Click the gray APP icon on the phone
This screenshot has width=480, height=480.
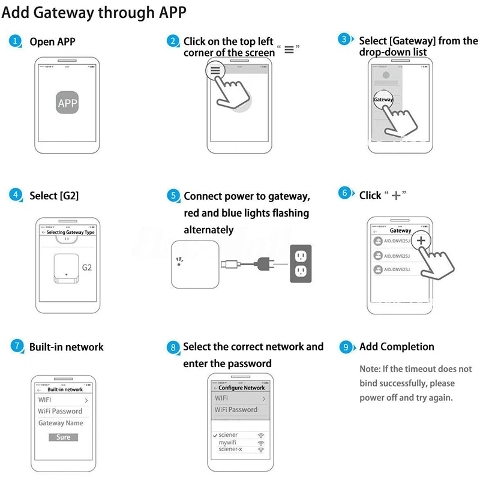coord(67,103)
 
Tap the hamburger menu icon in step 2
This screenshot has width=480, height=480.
coord(215,70)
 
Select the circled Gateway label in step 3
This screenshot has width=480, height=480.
coord(383,100)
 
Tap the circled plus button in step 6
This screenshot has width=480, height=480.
coord(421,240)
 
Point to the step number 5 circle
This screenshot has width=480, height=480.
coord(173,196)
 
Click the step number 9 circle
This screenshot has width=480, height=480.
coord(345,347)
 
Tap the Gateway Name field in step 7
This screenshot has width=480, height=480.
coord(61,423)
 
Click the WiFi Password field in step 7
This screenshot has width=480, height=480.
coord(60,411)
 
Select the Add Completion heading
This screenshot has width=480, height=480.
coord(396,347)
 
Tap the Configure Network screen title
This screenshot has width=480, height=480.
coord(241,388)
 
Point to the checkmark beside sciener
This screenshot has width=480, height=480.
coord(215,435)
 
